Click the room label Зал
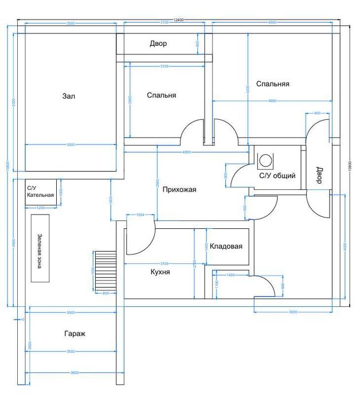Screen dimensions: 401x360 click(69, 96)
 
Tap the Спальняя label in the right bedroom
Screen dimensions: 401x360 click(272, 84)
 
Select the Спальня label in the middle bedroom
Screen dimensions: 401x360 click(161, 95)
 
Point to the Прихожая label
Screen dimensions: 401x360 click(179, 190)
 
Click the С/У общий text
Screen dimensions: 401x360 click(277, 176)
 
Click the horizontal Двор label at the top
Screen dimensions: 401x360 click(158, 44)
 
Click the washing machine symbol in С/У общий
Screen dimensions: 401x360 click(266, 160)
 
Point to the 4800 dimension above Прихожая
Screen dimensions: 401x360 click(186, 152)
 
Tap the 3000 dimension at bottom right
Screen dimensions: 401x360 click(292, 312)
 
